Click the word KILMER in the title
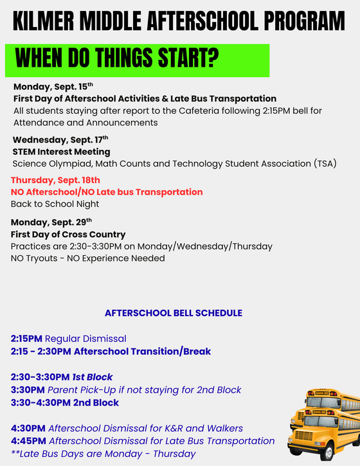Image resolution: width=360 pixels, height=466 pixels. [x=43, y=21]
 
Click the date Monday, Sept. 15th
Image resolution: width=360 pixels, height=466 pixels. [x=53, y=87]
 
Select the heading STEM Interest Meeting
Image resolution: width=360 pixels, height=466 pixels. [x=61, y=152]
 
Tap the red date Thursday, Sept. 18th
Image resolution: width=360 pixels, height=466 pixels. [x=55, y=180]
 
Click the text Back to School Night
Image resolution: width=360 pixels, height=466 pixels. [x=55, y=204]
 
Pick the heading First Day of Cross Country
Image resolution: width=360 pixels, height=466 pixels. [x=68, y=235]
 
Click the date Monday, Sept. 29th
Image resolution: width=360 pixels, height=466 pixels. [x=51, y=222]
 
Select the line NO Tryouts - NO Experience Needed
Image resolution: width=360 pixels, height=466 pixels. [x=87, y=258]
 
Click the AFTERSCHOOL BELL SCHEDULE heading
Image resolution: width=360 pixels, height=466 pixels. [x=174, y=313]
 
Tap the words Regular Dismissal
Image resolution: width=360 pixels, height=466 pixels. [x=85, y=339]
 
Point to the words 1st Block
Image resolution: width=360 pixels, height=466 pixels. [x=93, y=377]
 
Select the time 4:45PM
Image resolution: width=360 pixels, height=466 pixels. [x=28, y=441]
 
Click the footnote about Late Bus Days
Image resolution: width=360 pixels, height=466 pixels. [x=103, y=454]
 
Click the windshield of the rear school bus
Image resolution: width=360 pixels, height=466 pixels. [x=323, y=402]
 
